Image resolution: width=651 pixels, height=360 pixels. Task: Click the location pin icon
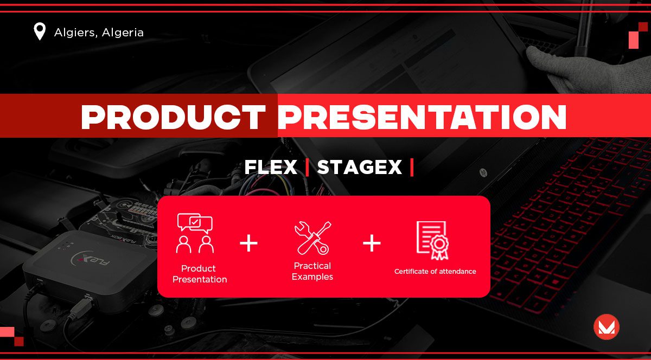click(40, 31)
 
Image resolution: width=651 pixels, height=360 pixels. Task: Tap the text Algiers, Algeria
click(99, 33)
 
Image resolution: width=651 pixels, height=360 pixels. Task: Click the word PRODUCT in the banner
click(173, 117)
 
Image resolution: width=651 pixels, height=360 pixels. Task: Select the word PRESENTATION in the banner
click(422, 117)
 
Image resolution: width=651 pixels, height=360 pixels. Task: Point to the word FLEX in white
click(271, 167)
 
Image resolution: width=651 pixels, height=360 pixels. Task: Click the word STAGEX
click(360, 167)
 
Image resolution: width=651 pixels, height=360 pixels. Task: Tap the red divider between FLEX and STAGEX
click(307, 167)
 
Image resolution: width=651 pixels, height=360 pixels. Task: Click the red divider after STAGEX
click(412, 167)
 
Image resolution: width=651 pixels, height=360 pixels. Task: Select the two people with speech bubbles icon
click(195, 233)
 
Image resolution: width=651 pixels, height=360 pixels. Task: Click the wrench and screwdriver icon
click(312, 238)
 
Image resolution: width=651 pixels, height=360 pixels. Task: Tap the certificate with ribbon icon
click(432, 240)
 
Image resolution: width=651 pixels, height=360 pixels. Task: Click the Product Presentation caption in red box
click(200, 274)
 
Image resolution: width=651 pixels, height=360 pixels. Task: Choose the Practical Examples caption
click(312, 271)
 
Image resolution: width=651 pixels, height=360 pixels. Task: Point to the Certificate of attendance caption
click(435, 272)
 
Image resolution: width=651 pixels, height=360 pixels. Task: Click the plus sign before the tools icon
click(249, 243)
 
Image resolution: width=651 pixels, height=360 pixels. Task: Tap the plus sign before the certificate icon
click(372, 243)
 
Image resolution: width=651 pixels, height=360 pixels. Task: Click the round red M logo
click(607, 327)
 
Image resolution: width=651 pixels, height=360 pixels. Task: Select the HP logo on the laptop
click(483, 172)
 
